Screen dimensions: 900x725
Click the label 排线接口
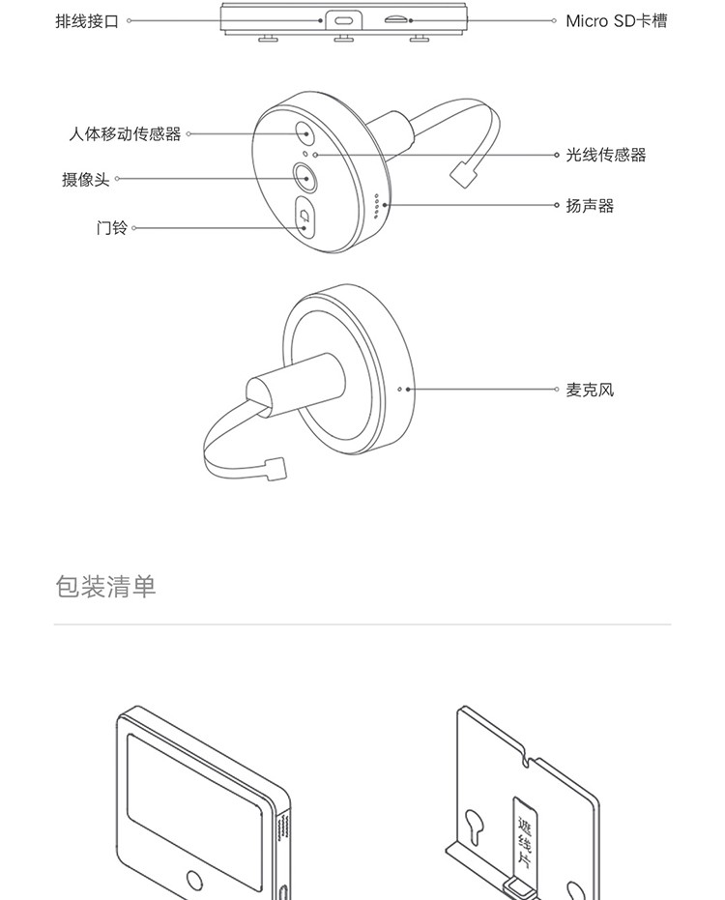coord(87,20)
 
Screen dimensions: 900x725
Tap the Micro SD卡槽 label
coord(616,20)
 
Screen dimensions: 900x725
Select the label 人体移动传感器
coord(125,134)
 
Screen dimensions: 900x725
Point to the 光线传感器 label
coord(605,155)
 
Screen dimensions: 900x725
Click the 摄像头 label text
coord(86,180)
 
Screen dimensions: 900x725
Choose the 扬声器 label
coord(590,206)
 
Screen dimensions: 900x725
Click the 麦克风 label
coord(590,391)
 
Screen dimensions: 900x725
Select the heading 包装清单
coord(105,587)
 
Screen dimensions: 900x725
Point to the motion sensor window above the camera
coord(304,134)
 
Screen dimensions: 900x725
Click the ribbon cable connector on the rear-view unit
coord(275,469)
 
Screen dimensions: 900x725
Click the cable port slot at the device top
coord(342,19)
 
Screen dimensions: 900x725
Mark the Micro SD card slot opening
coord(396,19)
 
